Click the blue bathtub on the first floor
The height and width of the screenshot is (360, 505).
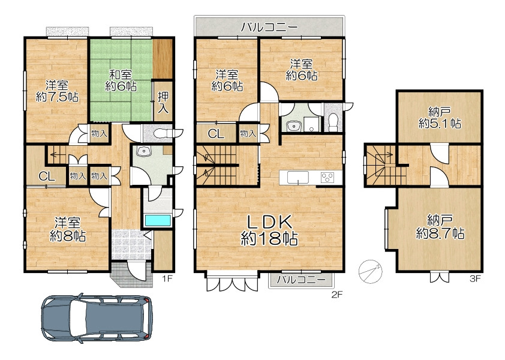(158, 221)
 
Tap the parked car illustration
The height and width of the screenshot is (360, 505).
(97, 318)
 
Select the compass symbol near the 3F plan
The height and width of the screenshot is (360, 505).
(371, 272)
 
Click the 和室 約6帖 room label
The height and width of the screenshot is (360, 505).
(121, 80)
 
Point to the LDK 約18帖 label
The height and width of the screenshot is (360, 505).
(269, 230)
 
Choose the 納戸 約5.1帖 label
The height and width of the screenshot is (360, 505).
(440, 118)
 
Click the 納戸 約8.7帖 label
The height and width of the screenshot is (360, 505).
(440, 227)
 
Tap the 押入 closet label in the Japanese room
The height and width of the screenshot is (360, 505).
(163, 102)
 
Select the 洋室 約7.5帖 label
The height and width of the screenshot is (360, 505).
(57, 91)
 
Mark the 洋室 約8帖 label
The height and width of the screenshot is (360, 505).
(67, 229)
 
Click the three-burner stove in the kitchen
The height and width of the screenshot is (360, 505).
(327, 177)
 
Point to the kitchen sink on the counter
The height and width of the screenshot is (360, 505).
(298, 178)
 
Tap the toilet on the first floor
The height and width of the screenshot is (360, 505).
(163, 133)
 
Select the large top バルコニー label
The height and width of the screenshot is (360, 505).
(270, 28)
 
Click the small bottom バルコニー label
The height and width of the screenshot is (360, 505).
(302, 280)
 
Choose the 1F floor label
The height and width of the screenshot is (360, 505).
(167, 278)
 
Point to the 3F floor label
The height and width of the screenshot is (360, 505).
(475, 278)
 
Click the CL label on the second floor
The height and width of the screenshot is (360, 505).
(216, 133)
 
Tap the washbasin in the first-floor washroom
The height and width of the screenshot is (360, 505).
(142, 151)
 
